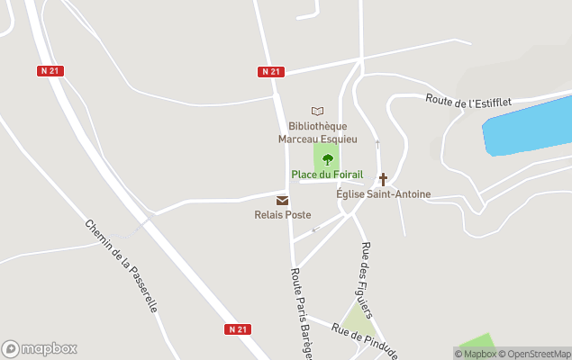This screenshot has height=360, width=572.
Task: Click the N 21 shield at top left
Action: pyautogui.click(x=50, y=71)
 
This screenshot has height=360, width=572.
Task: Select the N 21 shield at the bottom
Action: pyautogui.click(x=238, y=329)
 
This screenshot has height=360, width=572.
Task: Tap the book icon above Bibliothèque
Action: pyautogui.click(x=317, y=111)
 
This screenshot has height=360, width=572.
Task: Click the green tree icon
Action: pyautogui.click(x=327, y=159)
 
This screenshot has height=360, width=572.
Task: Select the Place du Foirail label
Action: pyautogui.click(x=327, y=175)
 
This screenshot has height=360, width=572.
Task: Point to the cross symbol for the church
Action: pyautogui.click(x=383, y=179)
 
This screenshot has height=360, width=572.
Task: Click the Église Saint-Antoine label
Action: pyautogui.click(x=383, y=194)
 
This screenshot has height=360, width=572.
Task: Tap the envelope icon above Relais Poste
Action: pyautogui.click(x=283, y=200)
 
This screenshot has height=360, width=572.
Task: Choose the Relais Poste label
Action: pyautogui.click(x=283, y=215)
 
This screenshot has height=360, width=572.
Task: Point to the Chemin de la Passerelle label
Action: pyautogui.click(x=121, y=266)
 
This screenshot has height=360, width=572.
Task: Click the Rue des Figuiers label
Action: pyautogui.click(x=367, y=279)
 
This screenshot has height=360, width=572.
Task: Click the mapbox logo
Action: pyautogui.click(x=40, y=348)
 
